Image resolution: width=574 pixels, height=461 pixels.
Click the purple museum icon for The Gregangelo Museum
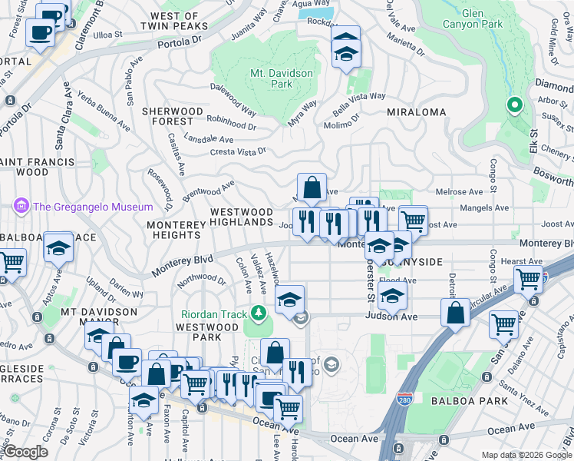point(19,206)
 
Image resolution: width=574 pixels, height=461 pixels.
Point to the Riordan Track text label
point(214,313)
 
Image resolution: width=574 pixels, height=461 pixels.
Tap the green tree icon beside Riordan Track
point(259,313)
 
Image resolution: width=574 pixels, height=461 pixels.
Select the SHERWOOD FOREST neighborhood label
point(173,116)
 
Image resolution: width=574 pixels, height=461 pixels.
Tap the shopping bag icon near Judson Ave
point(455,312)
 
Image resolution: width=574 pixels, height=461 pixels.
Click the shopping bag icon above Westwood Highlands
point(312,187)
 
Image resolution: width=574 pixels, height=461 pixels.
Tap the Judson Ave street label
point(391,317)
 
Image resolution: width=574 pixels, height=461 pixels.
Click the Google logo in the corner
point(25,452)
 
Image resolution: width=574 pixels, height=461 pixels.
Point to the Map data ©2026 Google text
point(526,455)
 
